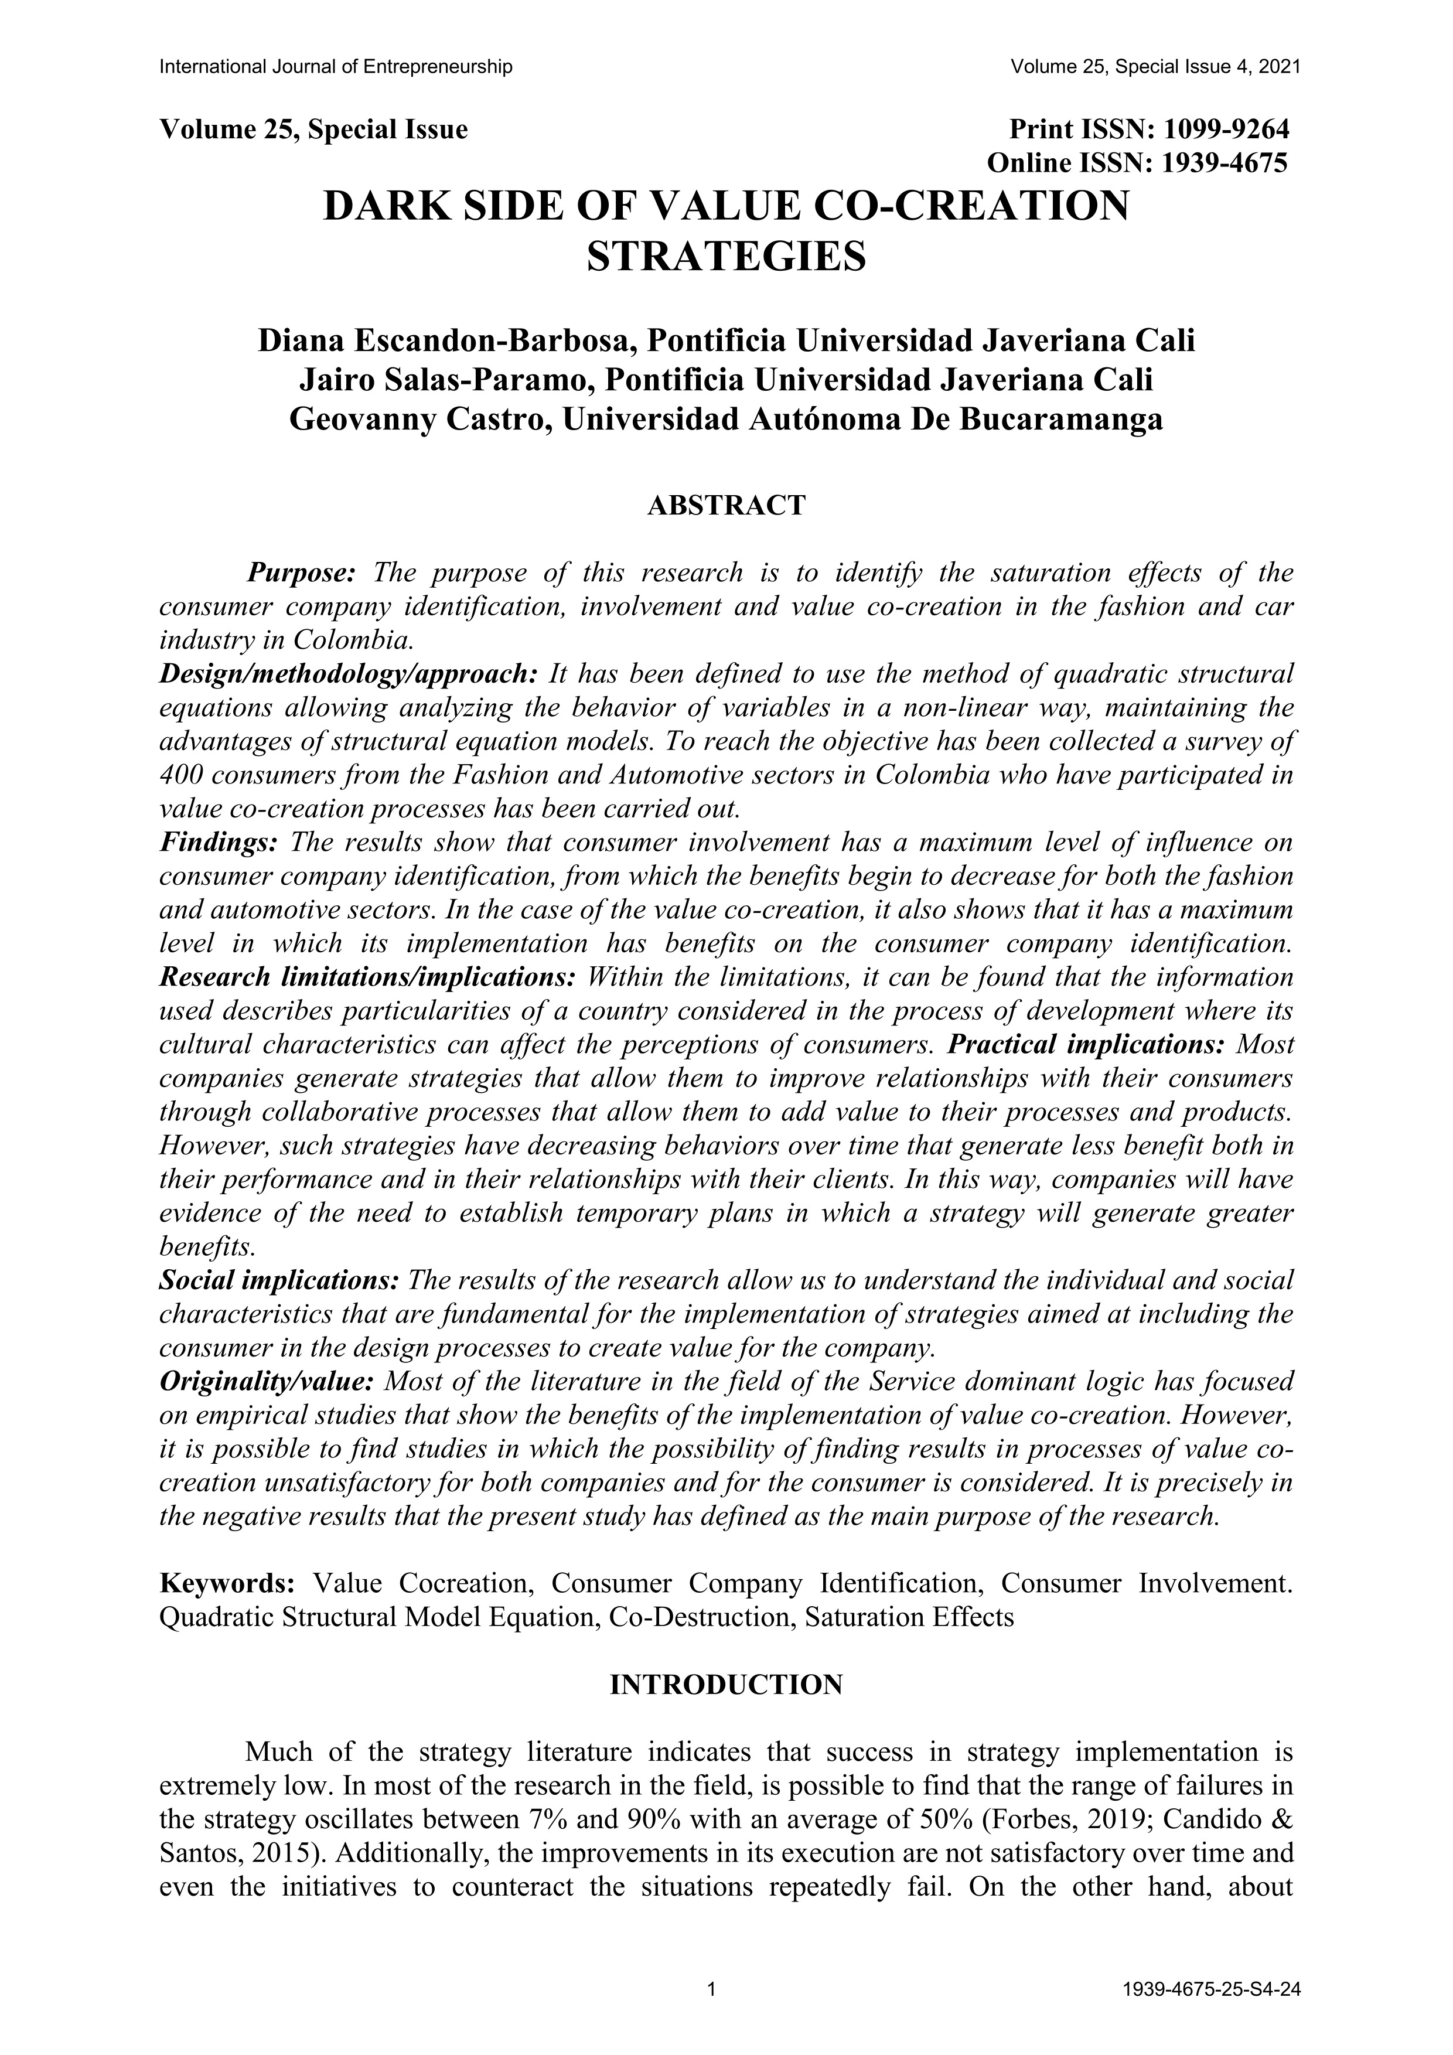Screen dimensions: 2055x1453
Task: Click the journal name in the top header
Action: coord(336,67)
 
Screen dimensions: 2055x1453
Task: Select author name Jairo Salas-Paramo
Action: coord(445,380)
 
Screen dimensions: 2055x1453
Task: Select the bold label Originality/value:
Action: coord(266,1382)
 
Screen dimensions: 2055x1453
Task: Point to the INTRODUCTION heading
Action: coord(725,1685)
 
